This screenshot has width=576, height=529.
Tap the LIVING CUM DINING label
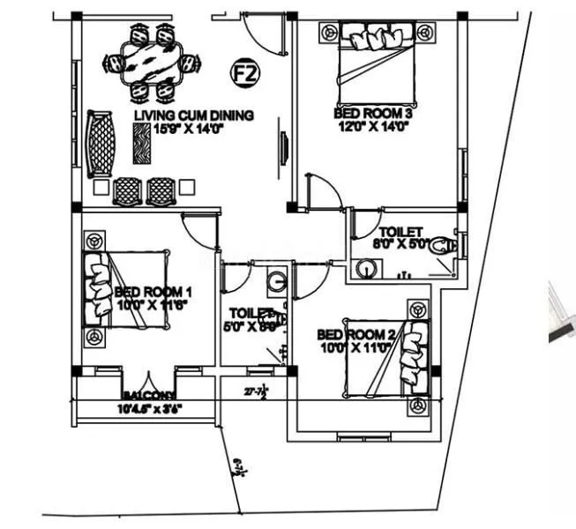pyautogui.click(x=194, y=115)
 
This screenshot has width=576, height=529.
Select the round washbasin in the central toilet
pyautogui.click(x=276, y=283)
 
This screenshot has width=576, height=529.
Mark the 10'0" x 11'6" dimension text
pyautogui.click(x=153, y=305)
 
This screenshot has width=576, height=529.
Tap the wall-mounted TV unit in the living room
pyautogui.click(x=283, y=146)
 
